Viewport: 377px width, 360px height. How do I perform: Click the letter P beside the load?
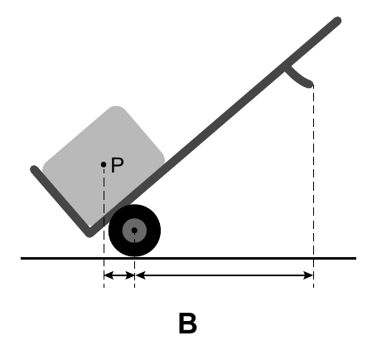pos(117,165)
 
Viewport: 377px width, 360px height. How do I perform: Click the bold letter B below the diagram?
pos(188,324)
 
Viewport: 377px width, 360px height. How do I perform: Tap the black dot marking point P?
pos(104,164)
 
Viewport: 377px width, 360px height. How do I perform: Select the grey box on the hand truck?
pos(104,163)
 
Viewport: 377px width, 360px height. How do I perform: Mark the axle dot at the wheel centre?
pos(134,231)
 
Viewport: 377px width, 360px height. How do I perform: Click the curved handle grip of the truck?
pos(298,79)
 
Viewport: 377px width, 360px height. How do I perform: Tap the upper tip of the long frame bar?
pos(338,21)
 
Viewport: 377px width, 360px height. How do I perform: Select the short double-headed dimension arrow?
pos(119,275)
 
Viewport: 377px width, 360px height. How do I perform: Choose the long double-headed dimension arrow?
pos(225,275)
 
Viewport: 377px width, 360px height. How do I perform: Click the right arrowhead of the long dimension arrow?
pos(309,275)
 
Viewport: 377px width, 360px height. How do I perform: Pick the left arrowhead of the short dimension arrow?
pos(109,275)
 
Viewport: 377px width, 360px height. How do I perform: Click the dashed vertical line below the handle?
pos(313,186)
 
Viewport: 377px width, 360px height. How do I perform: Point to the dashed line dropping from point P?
pos(104,227)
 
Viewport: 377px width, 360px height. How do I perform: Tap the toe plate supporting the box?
pos(60,201)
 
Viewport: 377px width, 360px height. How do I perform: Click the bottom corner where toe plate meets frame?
pos(89,234)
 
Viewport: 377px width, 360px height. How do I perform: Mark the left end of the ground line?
pos(22,258)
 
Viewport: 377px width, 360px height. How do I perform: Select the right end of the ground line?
pos(355,258)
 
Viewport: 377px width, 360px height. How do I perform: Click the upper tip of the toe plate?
pos(33,168)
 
